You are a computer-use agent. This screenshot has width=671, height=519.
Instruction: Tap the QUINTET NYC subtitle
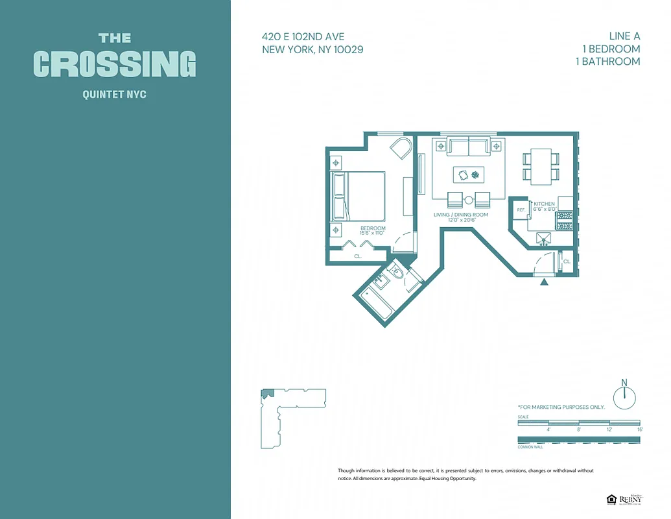115,95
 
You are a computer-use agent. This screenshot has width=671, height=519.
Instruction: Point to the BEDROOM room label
373,228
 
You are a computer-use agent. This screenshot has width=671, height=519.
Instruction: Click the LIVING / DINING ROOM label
462,215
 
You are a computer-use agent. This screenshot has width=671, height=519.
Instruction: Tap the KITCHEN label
544,204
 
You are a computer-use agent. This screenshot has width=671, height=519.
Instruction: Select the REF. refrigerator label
521,210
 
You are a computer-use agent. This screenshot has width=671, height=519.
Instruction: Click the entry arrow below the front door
544,282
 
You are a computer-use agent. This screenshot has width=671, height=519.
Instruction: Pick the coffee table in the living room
470,174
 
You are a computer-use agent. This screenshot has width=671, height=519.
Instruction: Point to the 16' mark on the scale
639,429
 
